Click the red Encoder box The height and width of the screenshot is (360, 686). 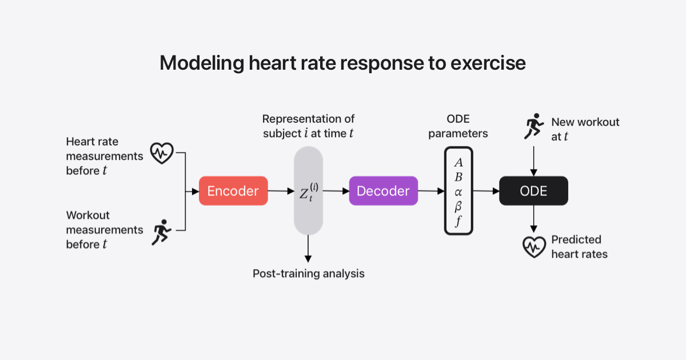(x=233, y=191)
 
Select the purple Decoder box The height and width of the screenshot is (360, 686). (x=383, y=191)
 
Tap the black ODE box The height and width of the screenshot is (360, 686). (x=533, y=191)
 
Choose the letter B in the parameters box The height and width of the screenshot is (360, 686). (x=458, y=177)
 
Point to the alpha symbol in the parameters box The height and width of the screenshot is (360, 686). (x=458, y=192)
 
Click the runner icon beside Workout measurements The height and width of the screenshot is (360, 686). (x=162, y=231)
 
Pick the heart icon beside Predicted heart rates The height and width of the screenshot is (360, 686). (x=534, y=247)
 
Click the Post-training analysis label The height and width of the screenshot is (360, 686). (x=308, y=273)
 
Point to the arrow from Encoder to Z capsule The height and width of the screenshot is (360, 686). (x=281, y=191)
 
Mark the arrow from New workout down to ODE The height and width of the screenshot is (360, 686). (x=533, y=161)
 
